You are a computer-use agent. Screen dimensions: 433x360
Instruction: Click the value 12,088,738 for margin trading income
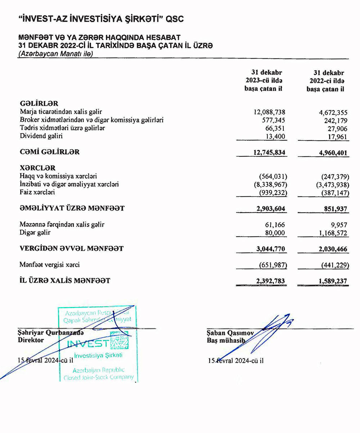270,112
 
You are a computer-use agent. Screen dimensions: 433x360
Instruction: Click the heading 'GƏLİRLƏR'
39,104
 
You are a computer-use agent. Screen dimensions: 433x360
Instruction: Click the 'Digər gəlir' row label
35,233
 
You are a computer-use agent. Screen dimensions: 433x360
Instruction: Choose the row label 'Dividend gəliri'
41,136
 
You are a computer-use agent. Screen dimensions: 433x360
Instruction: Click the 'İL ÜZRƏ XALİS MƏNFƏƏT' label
65,280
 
